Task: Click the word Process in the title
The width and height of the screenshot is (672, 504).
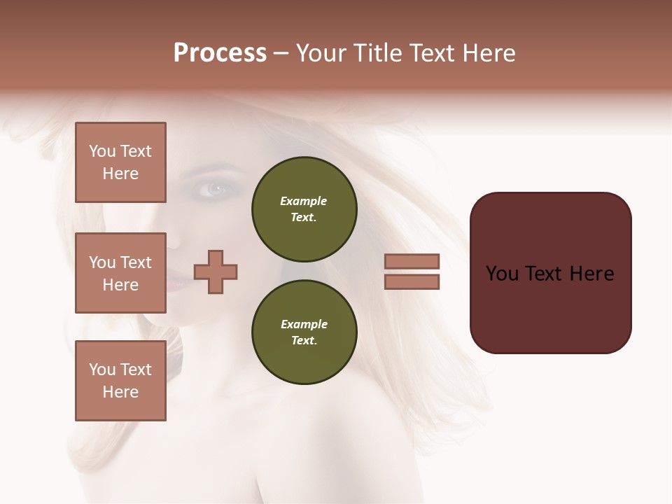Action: click(x=220, y=53)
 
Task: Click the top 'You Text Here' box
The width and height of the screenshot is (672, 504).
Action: click(x=120, y=162)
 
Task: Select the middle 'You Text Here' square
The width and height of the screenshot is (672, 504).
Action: click(x=120, y=273)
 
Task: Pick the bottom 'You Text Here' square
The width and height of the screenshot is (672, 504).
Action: click(x=120, y=381)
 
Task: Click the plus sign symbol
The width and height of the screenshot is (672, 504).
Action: click(x=216, y=272)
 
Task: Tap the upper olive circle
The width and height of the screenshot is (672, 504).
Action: click(x=304, y=209)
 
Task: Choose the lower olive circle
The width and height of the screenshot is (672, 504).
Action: click(x=304, y=332)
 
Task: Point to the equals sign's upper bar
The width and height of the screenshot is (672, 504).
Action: click(x=412, y=261)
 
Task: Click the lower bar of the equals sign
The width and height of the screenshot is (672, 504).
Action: click(x=412, y=281)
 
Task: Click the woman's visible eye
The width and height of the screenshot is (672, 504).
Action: click(x=214, y=188)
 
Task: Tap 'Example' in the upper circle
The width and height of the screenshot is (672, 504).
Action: click(x=303, y=201)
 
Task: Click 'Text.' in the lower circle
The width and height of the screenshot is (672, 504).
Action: click(x=304, y=341)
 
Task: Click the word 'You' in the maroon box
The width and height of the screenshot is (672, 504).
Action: click(x=502, y=274)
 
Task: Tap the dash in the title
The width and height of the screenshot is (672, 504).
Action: click(x=281, y=53)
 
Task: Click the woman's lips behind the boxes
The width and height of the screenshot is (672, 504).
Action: click(x=176, y=282)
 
